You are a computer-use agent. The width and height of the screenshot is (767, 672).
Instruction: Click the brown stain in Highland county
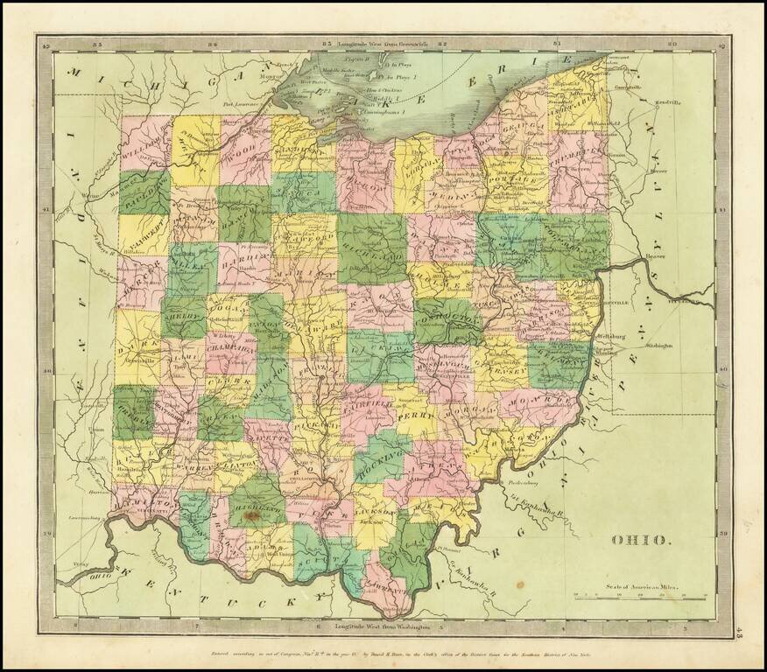[253, 518]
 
